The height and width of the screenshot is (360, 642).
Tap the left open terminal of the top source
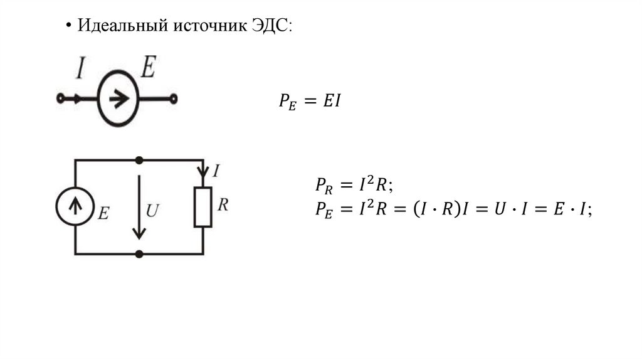(x=60, y=98)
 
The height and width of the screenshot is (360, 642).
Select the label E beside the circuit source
(x=103, y=213)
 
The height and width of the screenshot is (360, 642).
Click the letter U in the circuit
(x=152, y=211)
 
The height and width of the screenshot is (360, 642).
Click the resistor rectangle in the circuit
(x=203, y=207)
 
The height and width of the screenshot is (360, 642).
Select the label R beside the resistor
(x=222, y=205)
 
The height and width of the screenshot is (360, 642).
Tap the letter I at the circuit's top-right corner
(x=216, y=171)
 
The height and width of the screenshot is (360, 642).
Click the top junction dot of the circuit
(x=139, y=160)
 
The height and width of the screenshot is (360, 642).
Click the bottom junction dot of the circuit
(x=139, y=253)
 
